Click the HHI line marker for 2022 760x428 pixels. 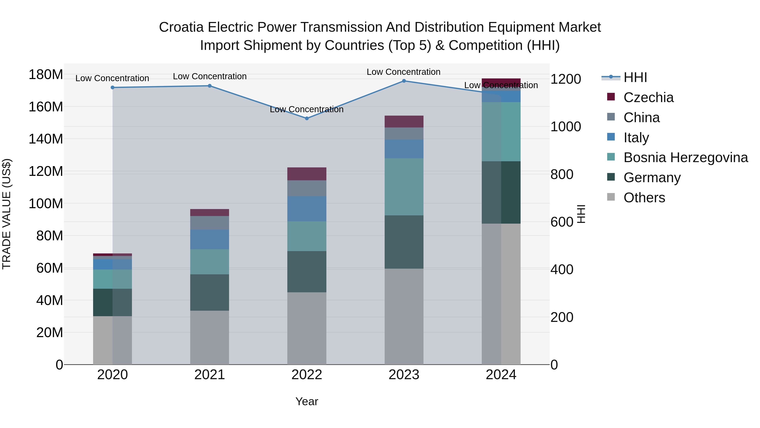click(x=307, y=118)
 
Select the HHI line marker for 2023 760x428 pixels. click(x=404, y=81)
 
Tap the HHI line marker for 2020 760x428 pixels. click(x=112, y=88)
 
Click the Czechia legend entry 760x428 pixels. click(x=648, y=97)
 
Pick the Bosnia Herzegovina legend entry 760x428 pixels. click(x=685, y=157)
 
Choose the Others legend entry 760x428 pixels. click(x=644, y=198)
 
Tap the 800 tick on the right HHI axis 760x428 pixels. click(x=562, y=174)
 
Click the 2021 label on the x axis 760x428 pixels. click(x=209, y=375)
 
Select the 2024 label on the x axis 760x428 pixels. click(x=501, y=375)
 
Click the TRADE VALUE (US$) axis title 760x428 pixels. click(x=7, y=214)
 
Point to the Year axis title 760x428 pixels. click(x=307, y=401)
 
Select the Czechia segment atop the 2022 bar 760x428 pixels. click(x=307, y=174)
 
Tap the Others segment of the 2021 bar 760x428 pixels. click(x=209, y=337)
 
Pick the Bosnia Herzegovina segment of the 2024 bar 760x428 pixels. click(x=501, y=131)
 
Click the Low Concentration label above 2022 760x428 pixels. click(x=307, y=109)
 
